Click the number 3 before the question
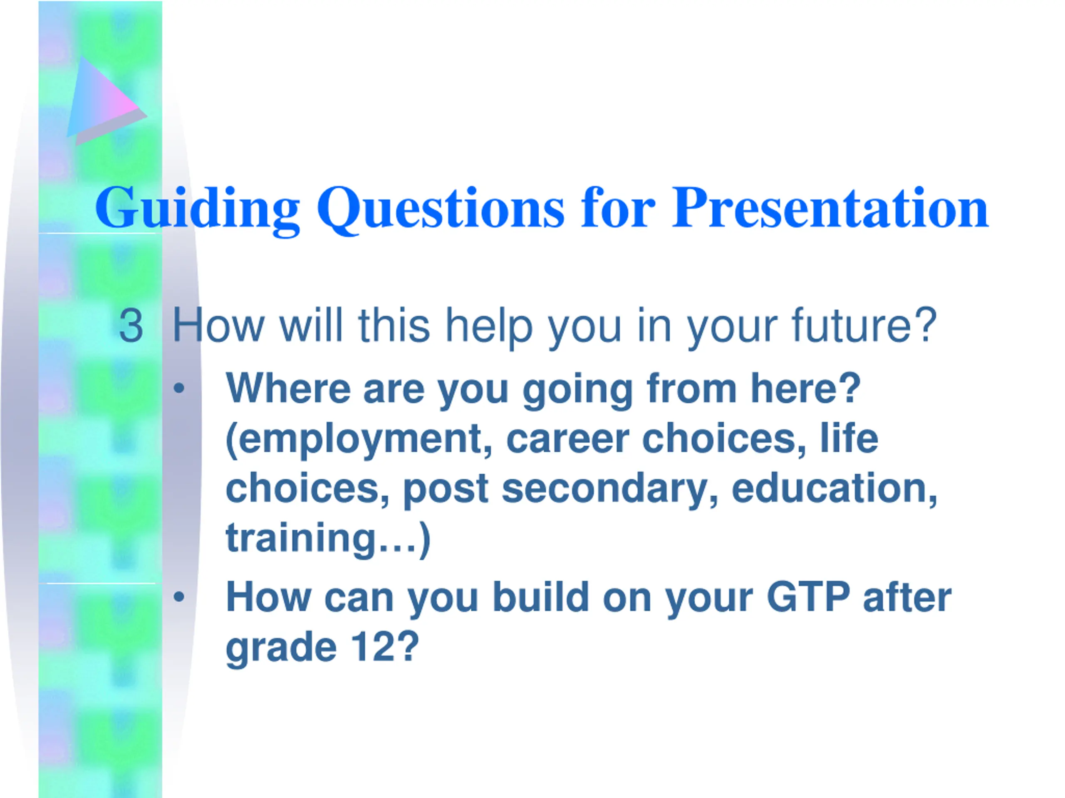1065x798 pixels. tap(131, 326)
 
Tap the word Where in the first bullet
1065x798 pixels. tap(288, 388)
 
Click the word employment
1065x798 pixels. tap(358, 439)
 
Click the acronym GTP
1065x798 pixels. tap(808, 597)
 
